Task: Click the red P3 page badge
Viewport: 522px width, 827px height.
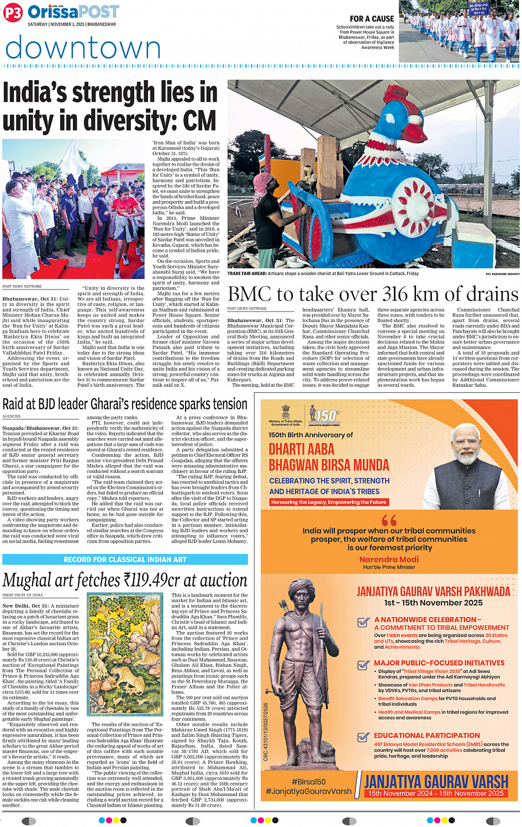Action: coord(12,13)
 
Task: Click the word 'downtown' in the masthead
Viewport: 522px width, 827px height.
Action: coord(83,48)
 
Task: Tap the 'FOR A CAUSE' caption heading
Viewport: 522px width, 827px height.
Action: coord(372,19)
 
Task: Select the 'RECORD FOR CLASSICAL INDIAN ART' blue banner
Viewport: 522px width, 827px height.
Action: coord(125,560)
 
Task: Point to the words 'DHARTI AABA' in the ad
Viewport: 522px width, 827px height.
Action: coord(302,449)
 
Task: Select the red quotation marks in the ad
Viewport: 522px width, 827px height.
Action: coord(389,520)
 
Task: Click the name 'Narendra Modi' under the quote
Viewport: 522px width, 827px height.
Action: coord(389,559)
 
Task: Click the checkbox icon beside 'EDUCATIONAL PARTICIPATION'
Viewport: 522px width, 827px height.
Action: coord(363,736)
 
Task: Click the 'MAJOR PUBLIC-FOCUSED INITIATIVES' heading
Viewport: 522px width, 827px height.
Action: coord(439,663)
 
